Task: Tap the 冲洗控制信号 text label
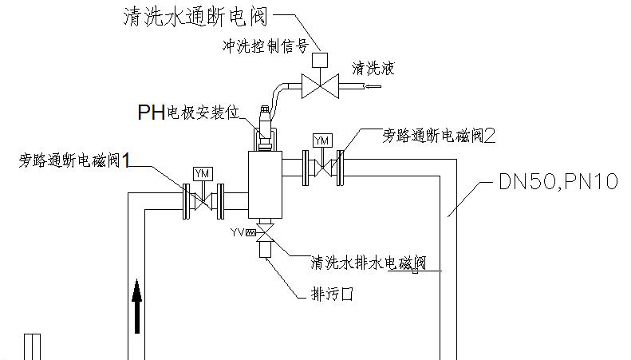[x=264, y=45]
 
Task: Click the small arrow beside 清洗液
[x=374, y=85]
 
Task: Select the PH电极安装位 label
[x=188, y=113]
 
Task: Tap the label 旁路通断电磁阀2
[x=439, y=136]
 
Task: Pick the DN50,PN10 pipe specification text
[x=558, y=184]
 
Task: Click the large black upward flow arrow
[x=138, y=306]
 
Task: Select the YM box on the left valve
[x=201, y=173]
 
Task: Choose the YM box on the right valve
[x=322, y=140]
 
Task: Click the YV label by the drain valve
[x=239, y=233]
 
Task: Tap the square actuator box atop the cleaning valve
[x=321, y=58]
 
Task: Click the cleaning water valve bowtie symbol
[x=321, y=85]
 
